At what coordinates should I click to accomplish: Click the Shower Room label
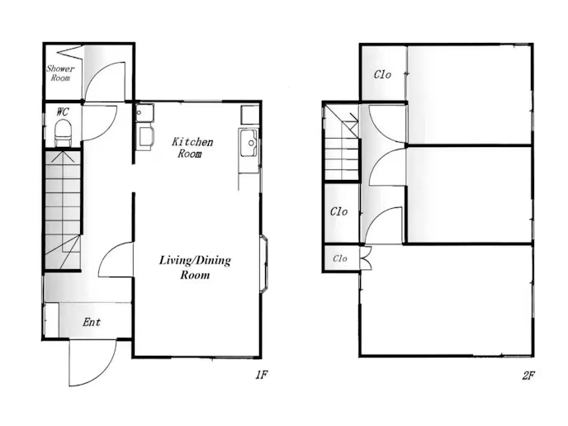pyautogui.click(x=60, y=73)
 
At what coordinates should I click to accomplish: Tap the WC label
pyautogui.click(x=62, y=111)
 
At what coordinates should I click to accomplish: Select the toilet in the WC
pyautogui.click(x=63, y=133)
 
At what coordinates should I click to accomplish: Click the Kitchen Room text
pyautogui.click(x=192, y=147)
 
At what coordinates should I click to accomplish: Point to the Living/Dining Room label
pyautogui.click(x=195, y=267)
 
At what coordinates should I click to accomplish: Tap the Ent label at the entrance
pyautogui.click(x=92, y=322)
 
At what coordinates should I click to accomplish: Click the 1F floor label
pyautogui.click(x=262, y=375)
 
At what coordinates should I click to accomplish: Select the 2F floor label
pyautogui.click(x=528, y=376)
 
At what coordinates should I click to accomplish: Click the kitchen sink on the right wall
pyautogui.click(x=248, y=143)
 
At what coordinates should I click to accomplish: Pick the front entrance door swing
pyautogui.click(x=92, y=363)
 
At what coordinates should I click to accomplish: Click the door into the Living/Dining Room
pyautogui.click(x=116, y=259)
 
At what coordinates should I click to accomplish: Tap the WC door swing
pyautogui.click(x=99, y=122)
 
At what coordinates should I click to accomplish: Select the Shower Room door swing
pyautogui.click(x=105, y=82)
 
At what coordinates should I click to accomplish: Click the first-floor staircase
pyautogui.click(x=62, y=210)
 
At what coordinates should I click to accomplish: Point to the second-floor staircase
pyautogui.click(x=341, y=142)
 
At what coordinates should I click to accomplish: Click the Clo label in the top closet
pyautogui.click(x=382, y=74)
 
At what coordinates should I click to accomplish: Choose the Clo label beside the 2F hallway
pyautogui.click(x=338, y=211)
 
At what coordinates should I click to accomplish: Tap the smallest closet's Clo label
pyautogui.click(x=340, y=258)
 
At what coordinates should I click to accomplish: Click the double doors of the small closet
pyautogui.click(x=366, y=258)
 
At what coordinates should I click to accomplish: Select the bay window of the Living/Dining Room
pyautogui.click(x=264, y=263)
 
